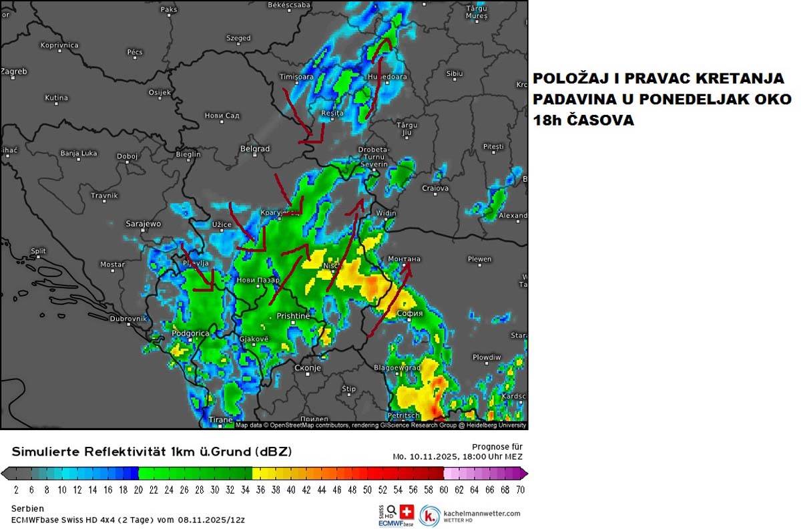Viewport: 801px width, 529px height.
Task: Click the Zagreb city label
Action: tap(14, 71)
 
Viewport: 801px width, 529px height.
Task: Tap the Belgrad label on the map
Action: tap(254, 149)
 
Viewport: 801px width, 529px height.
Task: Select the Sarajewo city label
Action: tap(144, 224)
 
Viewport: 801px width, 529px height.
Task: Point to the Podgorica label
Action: tap(190, 333)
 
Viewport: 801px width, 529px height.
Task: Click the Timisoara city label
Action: tap(296, 77)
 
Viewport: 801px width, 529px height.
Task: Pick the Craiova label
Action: tap(435, 188)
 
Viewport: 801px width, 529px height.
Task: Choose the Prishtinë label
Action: tap(293, 315)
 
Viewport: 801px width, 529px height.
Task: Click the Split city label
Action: tap(38, 252)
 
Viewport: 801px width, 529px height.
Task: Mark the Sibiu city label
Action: tap(455, 73)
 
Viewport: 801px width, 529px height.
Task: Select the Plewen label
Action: tap(479, 259)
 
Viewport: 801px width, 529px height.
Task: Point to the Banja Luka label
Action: tap(79, 153)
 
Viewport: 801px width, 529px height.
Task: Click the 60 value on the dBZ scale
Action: tap(444, 490)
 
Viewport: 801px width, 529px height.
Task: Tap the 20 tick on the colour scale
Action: tap(139, 490)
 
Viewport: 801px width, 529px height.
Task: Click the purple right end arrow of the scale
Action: tap(524, 474)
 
